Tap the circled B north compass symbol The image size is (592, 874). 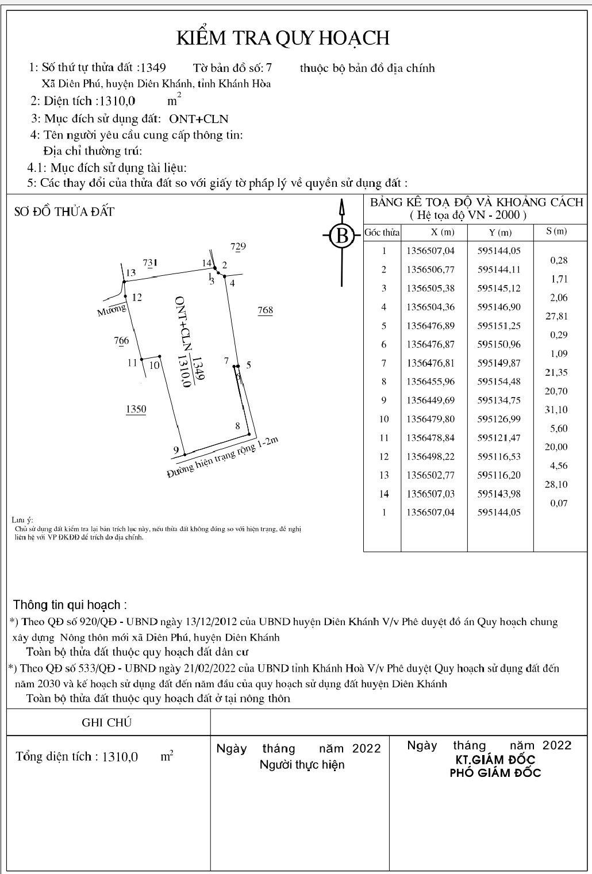coord(342,235)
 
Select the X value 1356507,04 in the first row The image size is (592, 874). coord(430,251)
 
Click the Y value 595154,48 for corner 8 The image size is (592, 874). coord(499,382)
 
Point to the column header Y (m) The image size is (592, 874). coord(499,233)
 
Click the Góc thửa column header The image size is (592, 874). coord(382,233)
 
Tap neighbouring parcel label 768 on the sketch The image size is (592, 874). coord(265,310)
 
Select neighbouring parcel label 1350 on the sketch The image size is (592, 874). coord(136,409)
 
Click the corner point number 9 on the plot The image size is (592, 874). coord(176,450)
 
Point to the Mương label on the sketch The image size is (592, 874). coord(112,311)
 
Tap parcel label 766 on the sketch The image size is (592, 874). coord(121,341)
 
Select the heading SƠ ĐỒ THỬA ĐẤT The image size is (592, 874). coord(64,211)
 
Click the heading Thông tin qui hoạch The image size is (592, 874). coord(70,605)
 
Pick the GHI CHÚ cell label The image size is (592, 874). coord(107,722)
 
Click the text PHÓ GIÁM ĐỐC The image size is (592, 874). coord(495,773)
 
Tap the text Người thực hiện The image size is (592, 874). coord(302,765)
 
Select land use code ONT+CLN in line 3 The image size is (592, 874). coord(198,119)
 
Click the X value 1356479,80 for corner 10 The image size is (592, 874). coord(430,419)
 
